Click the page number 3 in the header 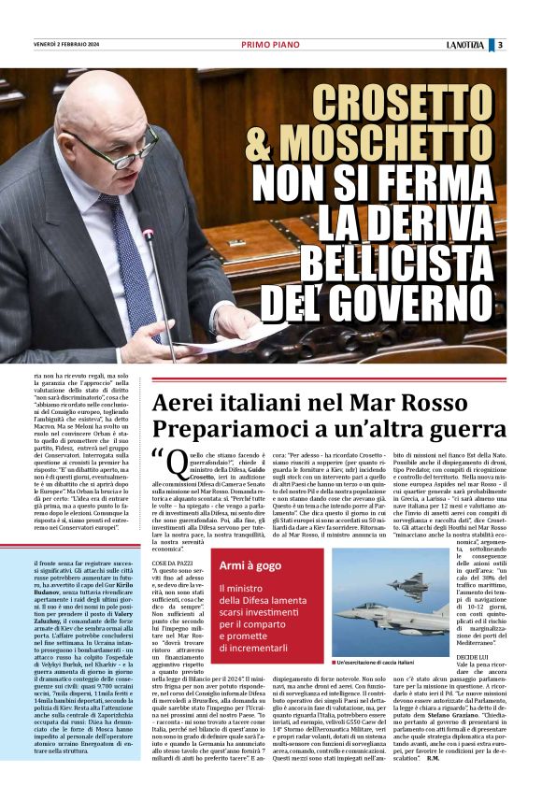(x=500, y=44)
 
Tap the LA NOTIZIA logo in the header (x=464, y=44)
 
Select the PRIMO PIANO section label (x=271, y=44)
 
